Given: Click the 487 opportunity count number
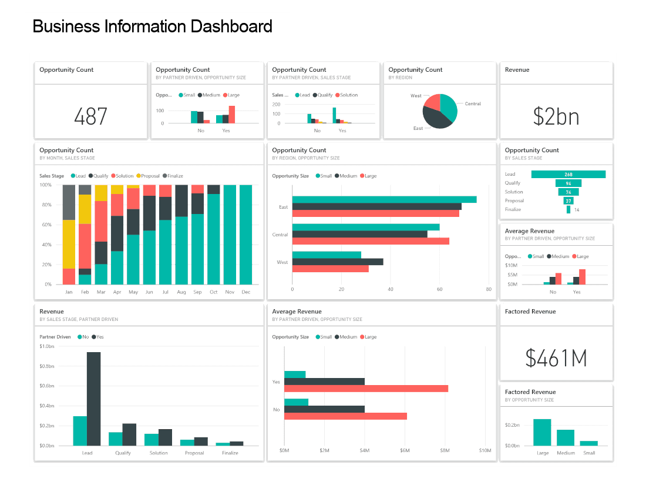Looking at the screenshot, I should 90,116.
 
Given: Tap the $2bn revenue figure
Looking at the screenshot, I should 556,116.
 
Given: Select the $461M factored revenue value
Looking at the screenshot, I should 556,357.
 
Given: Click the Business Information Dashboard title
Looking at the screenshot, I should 153,26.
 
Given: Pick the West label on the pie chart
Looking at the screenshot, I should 416,96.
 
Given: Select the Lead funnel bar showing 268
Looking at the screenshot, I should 568,174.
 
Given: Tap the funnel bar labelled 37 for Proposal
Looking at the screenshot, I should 568,200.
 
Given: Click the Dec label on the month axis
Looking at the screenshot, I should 245,292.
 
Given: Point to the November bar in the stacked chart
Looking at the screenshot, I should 230,235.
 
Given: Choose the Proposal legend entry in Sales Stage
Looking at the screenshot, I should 150,176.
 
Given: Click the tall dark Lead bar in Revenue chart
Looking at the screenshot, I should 93,399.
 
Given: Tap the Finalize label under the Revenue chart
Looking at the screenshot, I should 230,453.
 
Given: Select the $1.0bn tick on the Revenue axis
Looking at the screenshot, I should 46,346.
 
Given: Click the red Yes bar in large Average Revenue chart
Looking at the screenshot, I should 366,389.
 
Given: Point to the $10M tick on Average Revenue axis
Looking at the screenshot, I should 485,451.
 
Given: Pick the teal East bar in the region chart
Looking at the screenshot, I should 384,199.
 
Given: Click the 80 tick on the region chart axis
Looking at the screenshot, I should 489,290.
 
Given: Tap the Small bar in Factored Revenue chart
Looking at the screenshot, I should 589,443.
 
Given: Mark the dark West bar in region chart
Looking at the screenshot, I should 338,262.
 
